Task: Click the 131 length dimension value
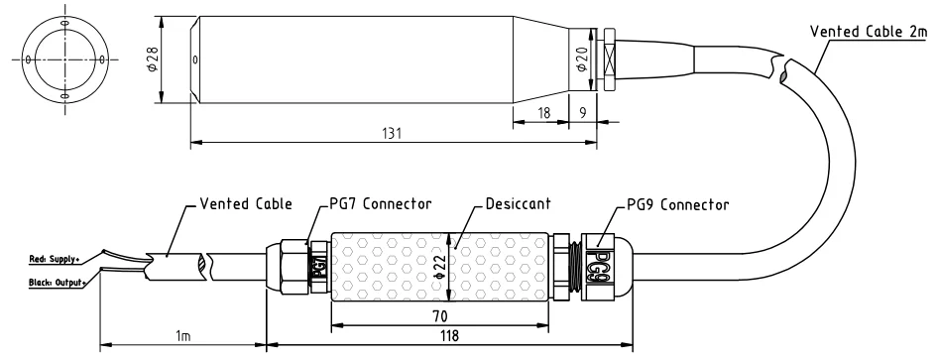pyautogui.click(x=392, y=134)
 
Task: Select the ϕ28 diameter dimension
pyautogui.click(x=152, y=60)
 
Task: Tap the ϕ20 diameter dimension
pyautogui.click(x=581, y=60)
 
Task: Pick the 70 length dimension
pyautogui.click(x=439, y=315)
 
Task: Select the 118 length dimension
pyautogui.click(x=449, y=335)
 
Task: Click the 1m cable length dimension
pyautogui.click(x=182, y=336)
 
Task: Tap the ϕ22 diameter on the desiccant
pyautogui.click(x=439, y=266)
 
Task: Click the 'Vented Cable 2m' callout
pyautogui.click(x=869, y=32)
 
